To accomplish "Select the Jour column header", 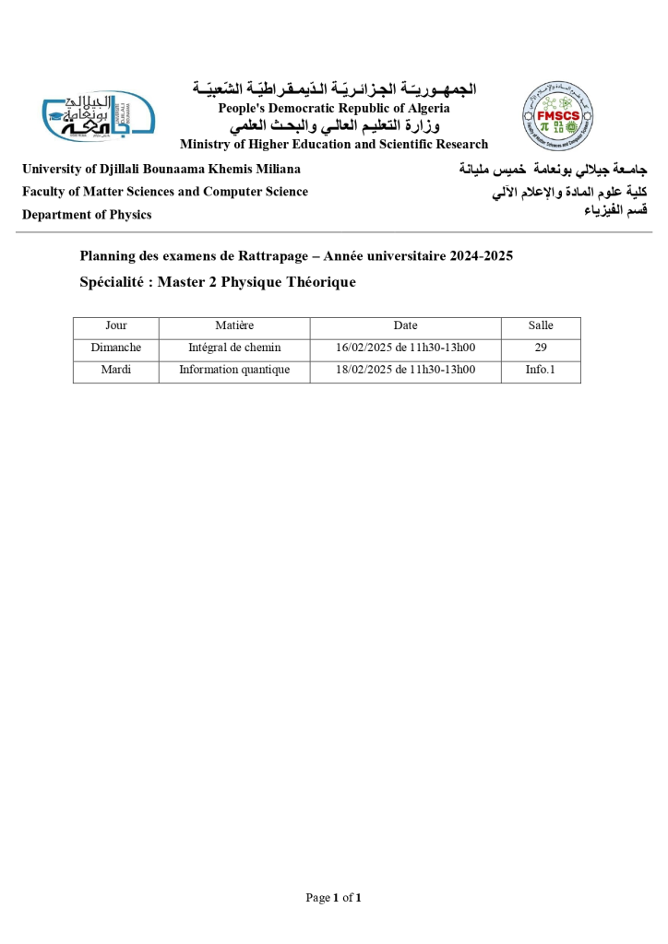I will (116, 325).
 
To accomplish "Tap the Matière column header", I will (234, 325).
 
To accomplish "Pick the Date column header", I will (405, 325).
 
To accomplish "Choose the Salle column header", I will (541, 325).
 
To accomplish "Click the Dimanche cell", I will (116, 348).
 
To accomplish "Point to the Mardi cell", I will (116, 370).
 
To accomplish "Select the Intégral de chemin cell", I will (234, 348).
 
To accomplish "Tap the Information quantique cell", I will (234, 370).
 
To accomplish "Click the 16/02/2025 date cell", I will (405, 348).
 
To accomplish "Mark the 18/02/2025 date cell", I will (405, 370).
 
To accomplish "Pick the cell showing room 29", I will (541, 348).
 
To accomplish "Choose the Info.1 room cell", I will (541, 370).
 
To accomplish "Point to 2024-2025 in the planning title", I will (482, 255).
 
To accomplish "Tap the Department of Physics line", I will (87, 215).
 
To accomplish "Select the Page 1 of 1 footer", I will (333, 897).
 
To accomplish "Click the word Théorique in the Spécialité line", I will (317, 282).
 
